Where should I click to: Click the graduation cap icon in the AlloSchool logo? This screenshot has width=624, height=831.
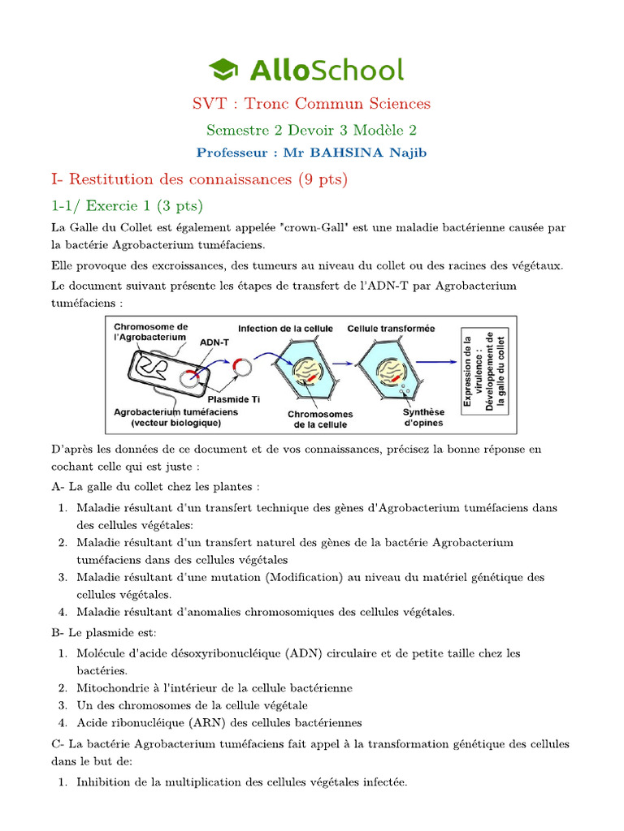point(225,69)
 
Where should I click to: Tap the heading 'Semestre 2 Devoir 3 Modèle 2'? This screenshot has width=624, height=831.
point(311,130)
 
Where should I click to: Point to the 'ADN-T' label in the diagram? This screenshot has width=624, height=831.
point(214,342)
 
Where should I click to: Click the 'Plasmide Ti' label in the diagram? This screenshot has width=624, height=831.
point(233,398)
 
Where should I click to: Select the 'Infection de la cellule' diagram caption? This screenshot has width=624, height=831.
point(285,329)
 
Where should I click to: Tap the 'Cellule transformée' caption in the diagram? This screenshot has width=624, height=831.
point(391,329)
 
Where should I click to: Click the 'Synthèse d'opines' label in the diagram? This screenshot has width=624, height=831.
point(423,417)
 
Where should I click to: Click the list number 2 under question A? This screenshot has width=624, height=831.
point(63,542)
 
